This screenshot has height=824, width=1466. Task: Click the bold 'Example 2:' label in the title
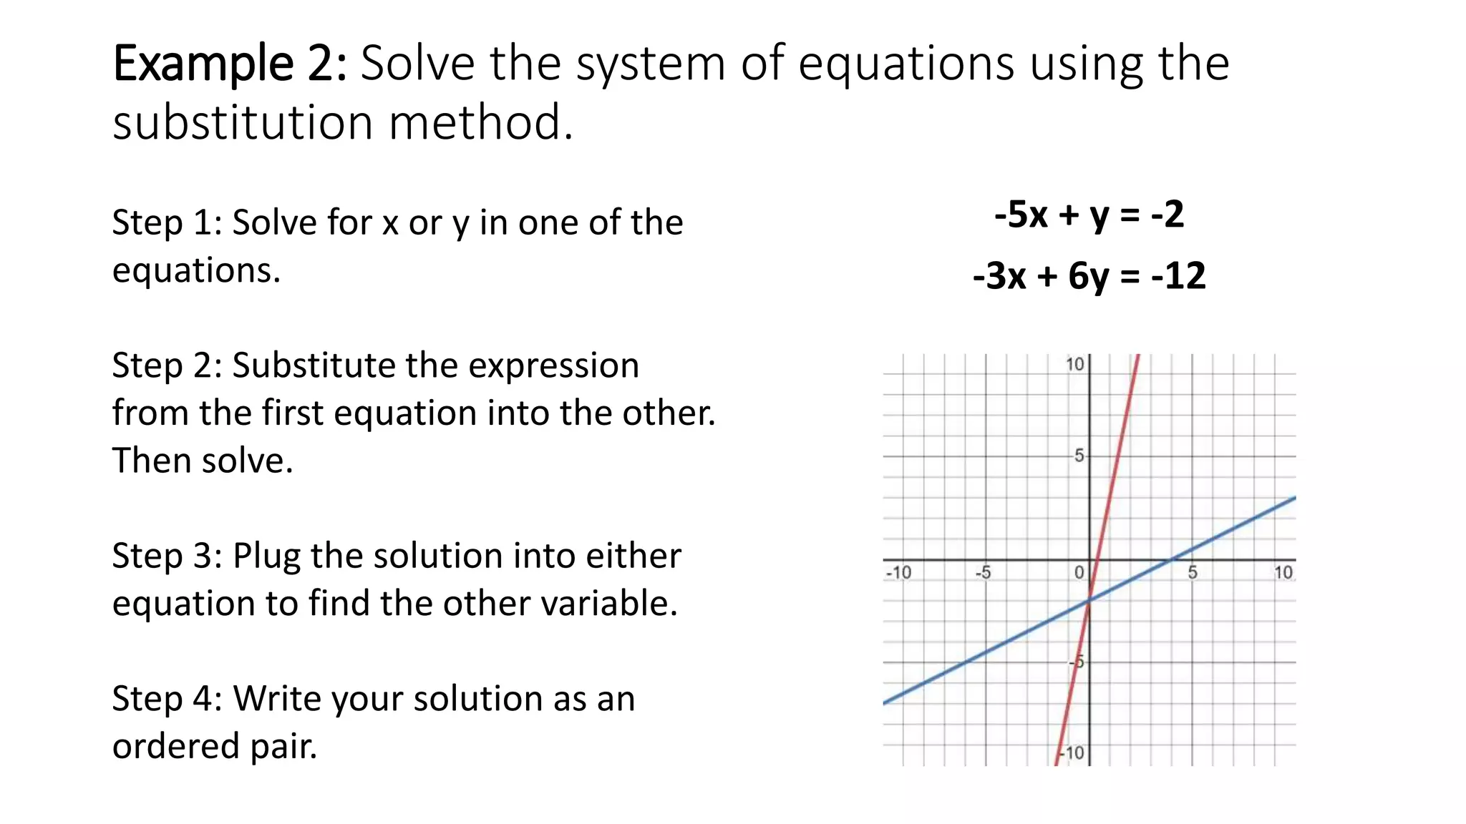pyautogui.click(x=230, y=64)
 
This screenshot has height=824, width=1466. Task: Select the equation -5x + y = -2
pyautogui.click(x=1089, y=214)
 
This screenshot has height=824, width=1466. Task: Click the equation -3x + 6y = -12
pyautogui.click(x=1089, y=275)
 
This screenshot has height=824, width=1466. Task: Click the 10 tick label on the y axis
pyautogui.click(x=1074, y=365)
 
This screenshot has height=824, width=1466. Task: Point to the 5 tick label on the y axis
pyautogui.click(x=1079, y=456)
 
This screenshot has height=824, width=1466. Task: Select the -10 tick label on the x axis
pyautogui.click(x=898, y=573)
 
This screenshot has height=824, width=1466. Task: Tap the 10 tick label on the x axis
pyautogui.click(x=1283, y=573)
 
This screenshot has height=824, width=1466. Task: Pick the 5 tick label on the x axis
pyautogui.click(x=1193, y=573)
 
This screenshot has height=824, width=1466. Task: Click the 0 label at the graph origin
pyautogui.click(x=1079, y=572)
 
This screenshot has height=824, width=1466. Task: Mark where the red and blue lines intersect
pyautogui.click(x=1089, y=601)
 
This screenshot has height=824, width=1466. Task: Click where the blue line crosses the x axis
pyautogui.click(x=1172, y=559)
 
